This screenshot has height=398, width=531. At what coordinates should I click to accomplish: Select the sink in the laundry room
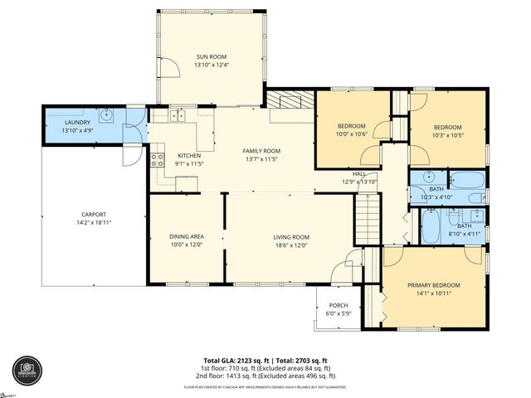[108, 115]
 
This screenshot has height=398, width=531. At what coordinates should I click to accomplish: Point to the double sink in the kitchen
[179, 117]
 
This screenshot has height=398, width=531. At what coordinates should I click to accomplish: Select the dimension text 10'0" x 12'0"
[187, 245]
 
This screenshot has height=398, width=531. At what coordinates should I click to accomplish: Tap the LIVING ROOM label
[291, 237]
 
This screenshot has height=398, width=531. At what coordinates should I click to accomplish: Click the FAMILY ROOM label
[261, 151]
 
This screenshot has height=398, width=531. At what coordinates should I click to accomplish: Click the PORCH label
[339, 305]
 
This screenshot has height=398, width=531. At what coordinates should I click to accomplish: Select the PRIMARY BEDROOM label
[433, 285]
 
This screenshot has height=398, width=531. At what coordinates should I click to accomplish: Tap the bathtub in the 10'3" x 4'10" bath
[466, 179]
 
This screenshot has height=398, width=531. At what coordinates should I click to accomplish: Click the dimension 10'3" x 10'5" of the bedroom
[447, 134]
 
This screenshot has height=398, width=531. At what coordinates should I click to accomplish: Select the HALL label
[359, 173]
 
